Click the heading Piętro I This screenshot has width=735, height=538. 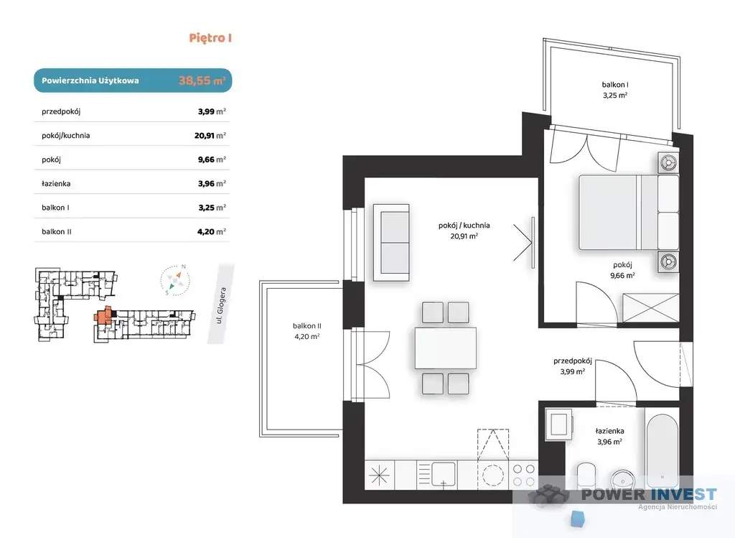(210, 38)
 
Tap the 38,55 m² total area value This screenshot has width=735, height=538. (202, 80)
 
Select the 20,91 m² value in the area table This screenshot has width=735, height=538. (210, 136)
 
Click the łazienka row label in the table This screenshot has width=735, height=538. (56, 183)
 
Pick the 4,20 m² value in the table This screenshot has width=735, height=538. (212, 231)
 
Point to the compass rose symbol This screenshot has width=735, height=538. (175, 280)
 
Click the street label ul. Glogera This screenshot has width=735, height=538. (221, 305)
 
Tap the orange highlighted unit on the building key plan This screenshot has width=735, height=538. (103, 315)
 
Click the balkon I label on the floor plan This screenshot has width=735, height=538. (615, 85)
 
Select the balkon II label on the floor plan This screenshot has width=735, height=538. (307, 325)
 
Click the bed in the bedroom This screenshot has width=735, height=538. (629, 212)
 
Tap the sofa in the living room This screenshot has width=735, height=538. (391, 243)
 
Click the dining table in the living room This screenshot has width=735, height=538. (445, 348)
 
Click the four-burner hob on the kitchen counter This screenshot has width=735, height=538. (523, 475)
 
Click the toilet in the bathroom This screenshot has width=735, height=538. (586, 475)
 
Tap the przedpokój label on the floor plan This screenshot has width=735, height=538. (572, 361)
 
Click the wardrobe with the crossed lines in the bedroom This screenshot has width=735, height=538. (650, 307)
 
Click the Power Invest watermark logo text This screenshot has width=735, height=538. (649, 494)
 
